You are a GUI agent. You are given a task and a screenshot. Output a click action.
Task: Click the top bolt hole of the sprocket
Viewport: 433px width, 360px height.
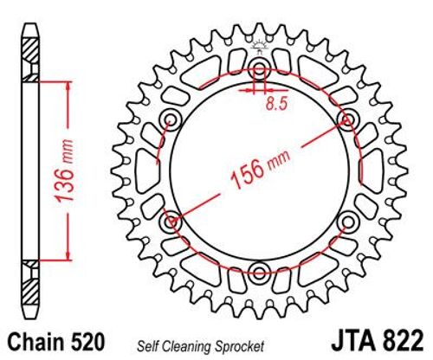(x=258, y=69)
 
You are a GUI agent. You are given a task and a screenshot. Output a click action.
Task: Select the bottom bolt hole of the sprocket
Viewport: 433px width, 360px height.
(x=258, y=273)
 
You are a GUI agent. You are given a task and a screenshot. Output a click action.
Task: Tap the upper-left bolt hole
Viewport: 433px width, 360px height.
(x=170, y=120)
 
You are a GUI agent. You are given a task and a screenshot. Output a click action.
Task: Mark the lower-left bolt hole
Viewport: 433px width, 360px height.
(x=170, y=222)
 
